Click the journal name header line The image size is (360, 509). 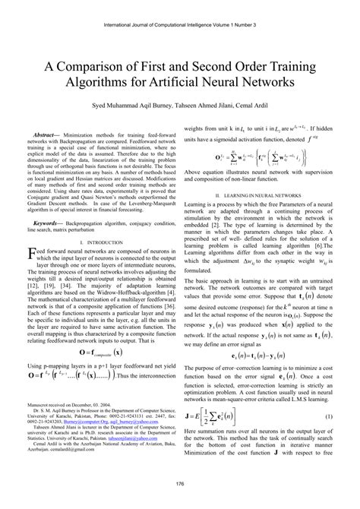[180, 6]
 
